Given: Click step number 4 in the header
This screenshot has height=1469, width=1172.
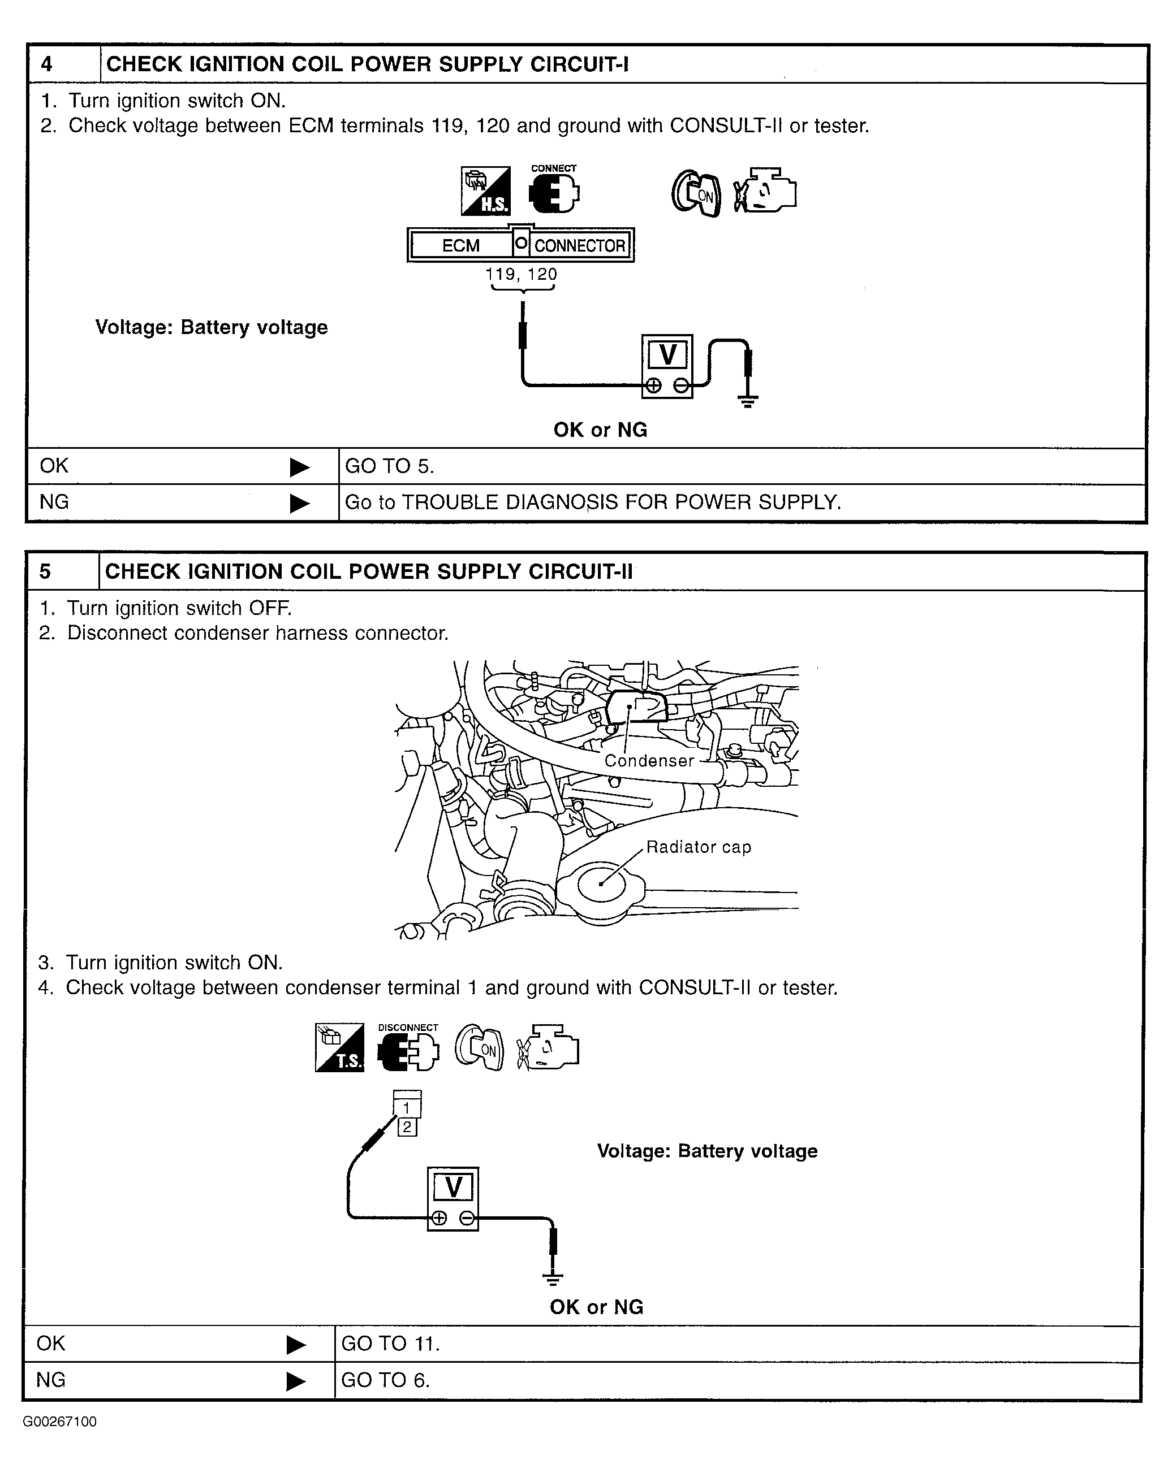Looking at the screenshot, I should pyautogui.click(x=46, y=64).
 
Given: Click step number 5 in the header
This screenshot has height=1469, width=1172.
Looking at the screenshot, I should pyautogui.click(x=45, y=571).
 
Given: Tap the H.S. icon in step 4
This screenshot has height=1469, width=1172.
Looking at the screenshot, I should pyautogui.click(x=485, y=192).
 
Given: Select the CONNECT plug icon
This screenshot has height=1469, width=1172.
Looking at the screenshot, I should pyautogui.click(x=554, y=193).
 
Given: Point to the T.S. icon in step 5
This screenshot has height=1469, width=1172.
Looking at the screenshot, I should pyautogui.click(x=339, y=1047).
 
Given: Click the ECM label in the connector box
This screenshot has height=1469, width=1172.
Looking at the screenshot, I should pyautogui.click(x=461, y=245).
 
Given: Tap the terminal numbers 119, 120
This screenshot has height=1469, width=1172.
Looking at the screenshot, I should pyautogui.click(x=522, y=275).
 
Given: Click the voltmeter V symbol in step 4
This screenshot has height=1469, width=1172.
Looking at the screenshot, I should pyautogui.click(x=667, y=355).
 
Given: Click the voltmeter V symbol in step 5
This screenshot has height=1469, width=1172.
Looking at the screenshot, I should pyautogui.click(x=454, y=1188).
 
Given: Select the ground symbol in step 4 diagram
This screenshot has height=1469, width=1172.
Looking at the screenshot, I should pyautogui.click(x=748, y=401).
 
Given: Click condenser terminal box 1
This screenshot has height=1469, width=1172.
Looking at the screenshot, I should pyautogui.click(x=407, y=1108).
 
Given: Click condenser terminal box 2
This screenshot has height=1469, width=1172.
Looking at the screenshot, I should pyautogui.click(x=407, y=1127).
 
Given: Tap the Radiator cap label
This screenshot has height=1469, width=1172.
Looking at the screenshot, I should pyautogui.click(x=699, y=847).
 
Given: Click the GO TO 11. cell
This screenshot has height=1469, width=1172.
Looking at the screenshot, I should pyautogui.click(x=391, y=1344).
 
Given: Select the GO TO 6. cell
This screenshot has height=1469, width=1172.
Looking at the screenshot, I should pyautogui.click(x=385, y=1380).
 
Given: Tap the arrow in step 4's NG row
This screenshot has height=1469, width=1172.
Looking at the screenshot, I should pyautogui.click(x=299, y=503).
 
